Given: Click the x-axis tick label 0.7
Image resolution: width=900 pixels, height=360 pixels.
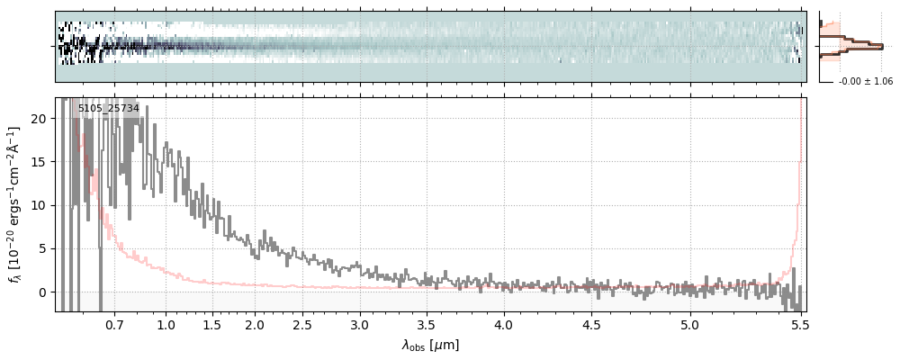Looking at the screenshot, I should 114,324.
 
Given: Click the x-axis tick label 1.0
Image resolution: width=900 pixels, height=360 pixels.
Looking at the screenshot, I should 166,324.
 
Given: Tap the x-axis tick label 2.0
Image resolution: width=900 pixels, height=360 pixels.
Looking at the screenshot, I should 255,324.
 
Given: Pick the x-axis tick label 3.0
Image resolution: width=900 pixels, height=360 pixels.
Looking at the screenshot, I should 360,324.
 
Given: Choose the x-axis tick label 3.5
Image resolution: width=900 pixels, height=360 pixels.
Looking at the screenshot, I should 428,324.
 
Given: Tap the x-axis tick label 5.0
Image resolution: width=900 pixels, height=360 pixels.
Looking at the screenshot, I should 690,324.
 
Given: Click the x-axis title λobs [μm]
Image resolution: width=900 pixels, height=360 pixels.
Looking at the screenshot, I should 430,345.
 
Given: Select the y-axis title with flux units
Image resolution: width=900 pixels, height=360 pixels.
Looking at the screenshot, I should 14,205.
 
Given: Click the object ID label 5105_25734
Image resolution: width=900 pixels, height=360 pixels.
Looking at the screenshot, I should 108,109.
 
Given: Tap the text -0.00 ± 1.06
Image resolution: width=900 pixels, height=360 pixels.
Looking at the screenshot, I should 865,82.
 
